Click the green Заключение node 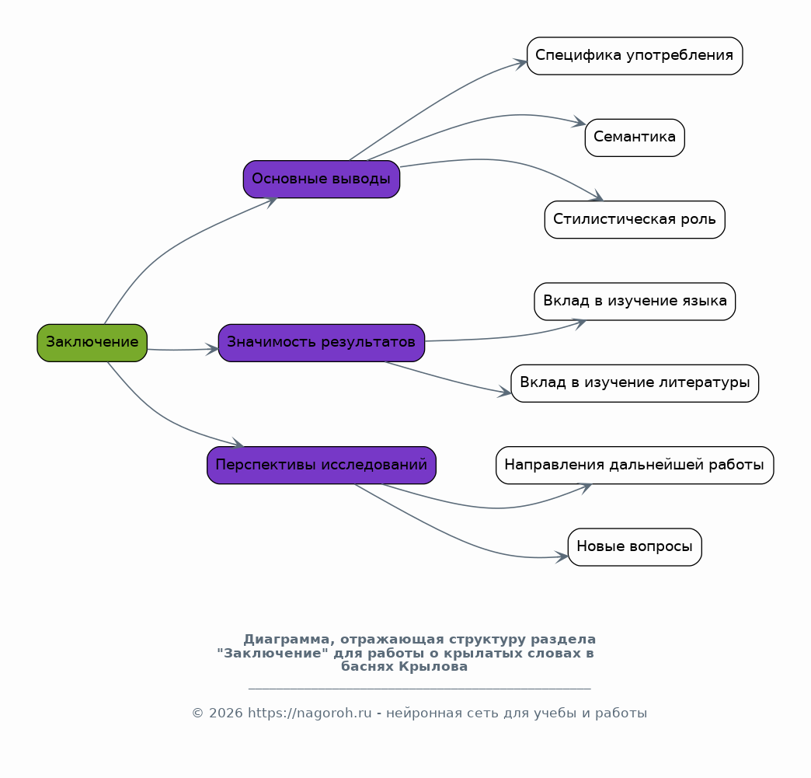pos(92,343)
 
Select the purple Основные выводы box pos(321,179)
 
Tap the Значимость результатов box pos(321,343)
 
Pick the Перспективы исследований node pos(321,466)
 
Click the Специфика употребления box pos(635,56)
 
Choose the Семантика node pos(635,138)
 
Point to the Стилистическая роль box pos(635,219)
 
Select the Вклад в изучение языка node pos(635,302)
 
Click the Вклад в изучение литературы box pos(635,383)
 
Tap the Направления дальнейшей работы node pos(635,466)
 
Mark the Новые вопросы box pos(635,547)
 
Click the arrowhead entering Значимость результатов pos(213,350)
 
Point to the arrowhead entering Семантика pos(580,123)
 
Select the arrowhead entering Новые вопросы pos(562,557)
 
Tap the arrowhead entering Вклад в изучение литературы pos(505,392)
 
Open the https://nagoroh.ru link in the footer pos(309,713)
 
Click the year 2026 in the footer pos(225,713)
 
